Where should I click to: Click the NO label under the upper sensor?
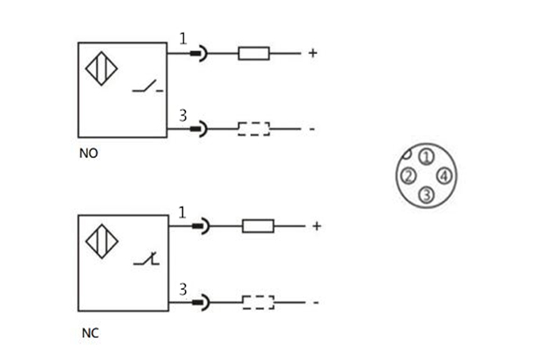[x=89, y=154]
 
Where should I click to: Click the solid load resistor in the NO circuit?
[x=254, y=54]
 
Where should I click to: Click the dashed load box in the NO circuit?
[x=254, y=128]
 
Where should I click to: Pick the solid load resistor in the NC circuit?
[x=258, y=226]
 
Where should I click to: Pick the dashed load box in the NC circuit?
[x=258, y=301]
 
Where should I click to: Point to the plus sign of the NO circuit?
[x=312, y=54]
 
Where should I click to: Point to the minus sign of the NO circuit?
[x=312, y=129]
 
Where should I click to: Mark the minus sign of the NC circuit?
[x=315, y=302]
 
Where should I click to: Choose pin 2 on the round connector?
[x=408, y=176]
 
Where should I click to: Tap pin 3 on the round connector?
[x=426, y=194]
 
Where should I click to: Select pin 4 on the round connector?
[x=443, y=176]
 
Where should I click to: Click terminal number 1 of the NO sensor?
[x=184, y=39]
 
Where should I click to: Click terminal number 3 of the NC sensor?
[x=184, y=288]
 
